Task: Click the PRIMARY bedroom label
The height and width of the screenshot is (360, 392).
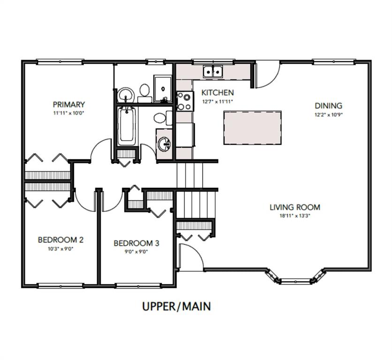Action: pos(68,105)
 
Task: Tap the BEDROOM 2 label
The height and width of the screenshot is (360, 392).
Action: pos(60,240)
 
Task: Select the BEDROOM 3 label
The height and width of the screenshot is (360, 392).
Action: pos(136,243)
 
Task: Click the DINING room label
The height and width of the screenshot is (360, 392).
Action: pos(328,106)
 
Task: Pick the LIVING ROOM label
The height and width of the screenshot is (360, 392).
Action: pos(294,207)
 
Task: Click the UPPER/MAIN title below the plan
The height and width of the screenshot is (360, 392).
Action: pos(176,307)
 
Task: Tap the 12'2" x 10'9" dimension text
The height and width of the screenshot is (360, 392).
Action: pos(329,114)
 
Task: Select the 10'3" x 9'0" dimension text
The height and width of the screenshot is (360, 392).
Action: pos(60,249)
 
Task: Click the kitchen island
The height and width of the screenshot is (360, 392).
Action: pos(253,129)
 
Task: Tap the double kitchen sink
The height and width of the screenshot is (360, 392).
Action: pos(213,72)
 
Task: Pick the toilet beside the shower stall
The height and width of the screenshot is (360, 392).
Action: pos(144,91)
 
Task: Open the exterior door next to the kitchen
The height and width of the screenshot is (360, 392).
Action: pos(267,75)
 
